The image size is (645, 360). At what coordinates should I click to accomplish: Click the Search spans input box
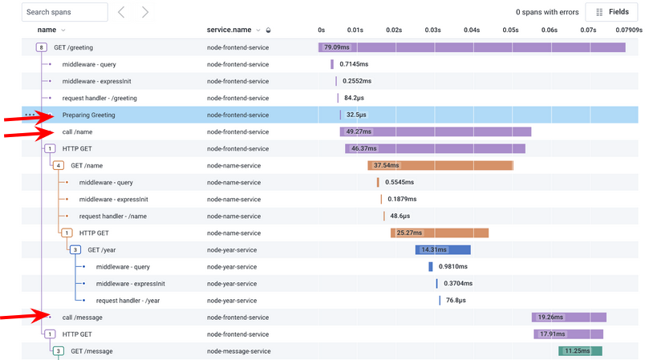tap(64, 12)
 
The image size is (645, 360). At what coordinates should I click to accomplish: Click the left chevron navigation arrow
tap(121, 12)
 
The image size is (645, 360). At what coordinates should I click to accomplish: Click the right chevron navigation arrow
tap(144, 12)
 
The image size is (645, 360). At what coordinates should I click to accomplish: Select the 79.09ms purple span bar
tap(472, 47)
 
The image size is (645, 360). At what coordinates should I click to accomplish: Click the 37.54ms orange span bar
tap(440, 165)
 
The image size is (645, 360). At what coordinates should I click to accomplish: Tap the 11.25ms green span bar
tap(580, 350)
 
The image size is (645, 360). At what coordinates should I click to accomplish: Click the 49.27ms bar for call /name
tap(436, 131)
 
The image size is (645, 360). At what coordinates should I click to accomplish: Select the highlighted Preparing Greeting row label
tap(88, 115)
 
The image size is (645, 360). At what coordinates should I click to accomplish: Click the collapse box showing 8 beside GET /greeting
tap(41, 47)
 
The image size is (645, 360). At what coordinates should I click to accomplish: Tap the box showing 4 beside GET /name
tap(58, 165)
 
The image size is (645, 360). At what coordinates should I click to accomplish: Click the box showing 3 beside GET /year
tap(75, 249)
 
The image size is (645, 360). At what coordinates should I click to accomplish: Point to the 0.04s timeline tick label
tap(472, 30)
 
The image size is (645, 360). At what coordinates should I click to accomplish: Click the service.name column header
tap(233, 30)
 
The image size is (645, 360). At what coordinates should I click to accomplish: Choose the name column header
tap(47, 30)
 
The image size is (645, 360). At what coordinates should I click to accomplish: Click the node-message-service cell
tap(238, 350)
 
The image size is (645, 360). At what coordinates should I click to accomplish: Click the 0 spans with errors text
tap(547, 12)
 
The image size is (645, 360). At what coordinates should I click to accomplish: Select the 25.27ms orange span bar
tap(440, 233)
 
